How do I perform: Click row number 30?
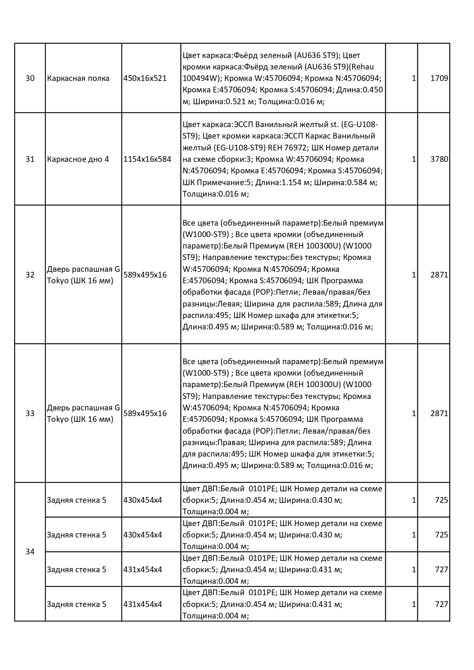click(x=30, y=78)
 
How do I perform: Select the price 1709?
click(x=439, y=78)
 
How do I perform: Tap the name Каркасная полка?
click(x=78, y=78)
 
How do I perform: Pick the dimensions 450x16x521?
click(x=145, y=78)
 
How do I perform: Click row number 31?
click(x=30, y=159)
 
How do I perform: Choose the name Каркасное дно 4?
click(x=78, y=159)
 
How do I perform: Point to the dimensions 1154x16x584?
click(x=147, y=159)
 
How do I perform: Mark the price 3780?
click(x=439, y=159)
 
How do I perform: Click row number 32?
click(x=30, y=275)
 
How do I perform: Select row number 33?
click(x=30, y=413)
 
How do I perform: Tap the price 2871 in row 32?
click(x=439, y=275)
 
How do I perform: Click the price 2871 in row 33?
click(x=439, y=413)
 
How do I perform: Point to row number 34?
click(x=30, y=552)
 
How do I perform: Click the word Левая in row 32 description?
click(x=228, y=304)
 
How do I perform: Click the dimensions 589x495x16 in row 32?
click(x=145, y=275)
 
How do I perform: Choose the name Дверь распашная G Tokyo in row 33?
click(x=83, y=413)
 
